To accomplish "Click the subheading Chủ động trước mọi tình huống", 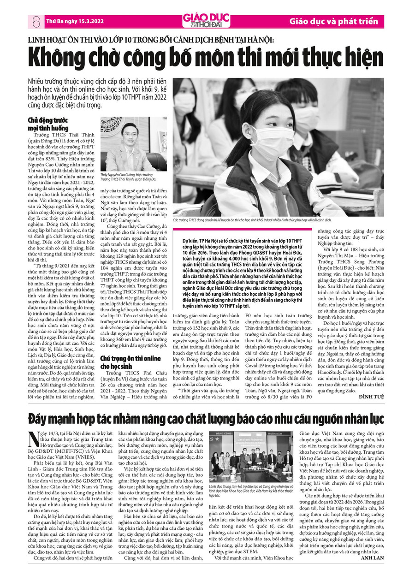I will coord(48,124).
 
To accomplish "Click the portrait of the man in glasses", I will coord(134,144).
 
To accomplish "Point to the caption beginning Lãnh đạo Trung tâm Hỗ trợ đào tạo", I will coord(251,491).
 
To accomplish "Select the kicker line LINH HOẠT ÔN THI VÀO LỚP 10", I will coord(151,40).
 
